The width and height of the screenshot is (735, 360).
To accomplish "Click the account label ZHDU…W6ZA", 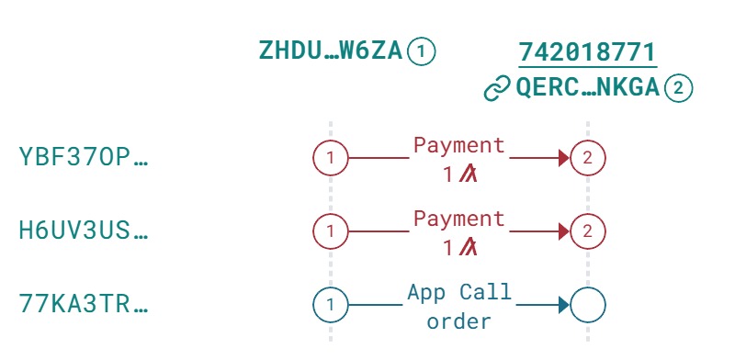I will click(331, 51).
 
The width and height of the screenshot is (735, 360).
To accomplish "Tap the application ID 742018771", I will click(587, 51).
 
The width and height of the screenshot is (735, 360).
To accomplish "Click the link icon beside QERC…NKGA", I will click(497, 88).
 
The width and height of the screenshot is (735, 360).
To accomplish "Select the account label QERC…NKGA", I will click(589, 88).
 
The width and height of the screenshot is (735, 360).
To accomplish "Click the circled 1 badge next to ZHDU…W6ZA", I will click(421, 51).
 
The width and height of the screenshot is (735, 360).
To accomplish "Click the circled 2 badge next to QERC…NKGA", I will click(679, 88).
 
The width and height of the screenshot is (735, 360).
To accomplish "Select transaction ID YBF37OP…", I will click(83, 158).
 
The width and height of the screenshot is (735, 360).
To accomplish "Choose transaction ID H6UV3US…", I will click(83, 231).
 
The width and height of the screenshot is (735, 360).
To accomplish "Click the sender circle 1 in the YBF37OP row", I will click(331, 158).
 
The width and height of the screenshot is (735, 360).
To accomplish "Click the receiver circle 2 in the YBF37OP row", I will click(588, 158).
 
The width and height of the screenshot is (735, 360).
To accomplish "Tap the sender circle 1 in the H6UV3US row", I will click(331, 231).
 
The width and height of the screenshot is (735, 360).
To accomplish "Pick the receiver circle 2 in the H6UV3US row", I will click(588, 231).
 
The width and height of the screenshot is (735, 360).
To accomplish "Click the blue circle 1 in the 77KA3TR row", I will click(331, 305).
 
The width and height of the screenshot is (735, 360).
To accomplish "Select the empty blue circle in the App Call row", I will click(588, 305).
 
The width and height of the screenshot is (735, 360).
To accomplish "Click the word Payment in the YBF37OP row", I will click(459, 145).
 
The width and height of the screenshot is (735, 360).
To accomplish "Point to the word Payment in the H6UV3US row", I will click(459, 219).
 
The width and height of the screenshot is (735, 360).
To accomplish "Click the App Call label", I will click(459, 293).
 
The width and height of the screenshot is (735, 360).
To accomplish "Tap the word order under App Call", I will click(459, 321).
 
